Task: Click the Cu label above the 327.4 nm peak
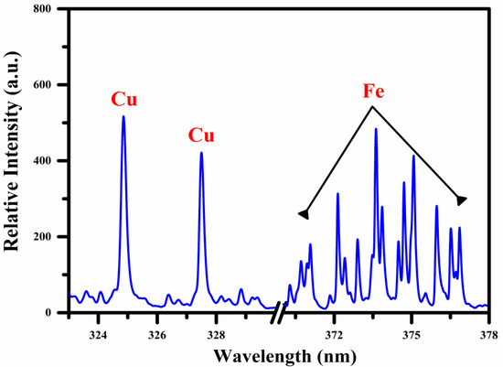click(201, 135)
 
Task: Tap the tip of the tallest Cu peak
click(123, 116)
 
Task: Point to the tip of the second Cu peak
click(201, 153)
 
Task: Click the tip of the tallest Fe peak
click(376, 129)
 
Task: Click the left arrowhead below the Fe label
click(304, 214)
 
